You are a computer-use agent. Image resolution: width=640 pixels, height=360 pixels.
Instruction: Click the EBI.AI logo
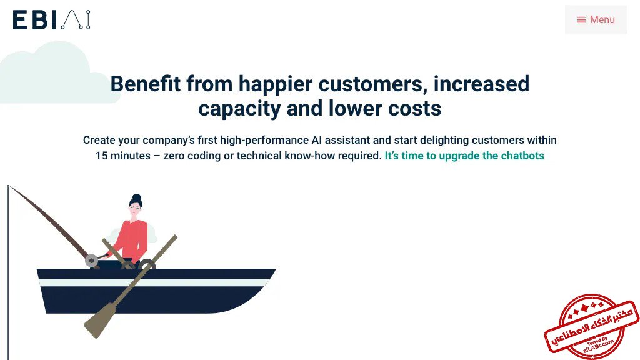(51, 20)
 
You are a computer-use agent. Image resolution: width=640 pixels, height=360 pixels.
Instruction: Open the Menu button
(596, 19)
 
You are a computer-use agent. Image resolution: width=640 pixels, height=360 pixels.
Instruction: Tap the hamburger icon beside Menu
(581, 19)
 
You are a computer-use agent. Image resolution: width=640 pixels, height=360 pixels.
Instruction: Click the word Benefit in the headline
(145, 84)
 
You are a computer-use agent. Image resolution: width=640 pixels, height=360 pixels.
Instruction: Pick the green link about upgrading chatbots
(464, 156)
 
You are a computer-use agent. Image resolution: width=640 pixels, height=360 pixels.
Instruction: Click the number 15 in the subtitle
(102, 156)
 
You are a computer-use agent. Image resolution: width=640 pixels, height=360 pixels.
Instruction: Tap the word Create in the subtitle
(99, 140)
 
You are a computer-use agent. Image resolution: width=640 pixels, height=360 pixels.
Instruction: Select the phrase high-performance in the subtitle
(264, 141)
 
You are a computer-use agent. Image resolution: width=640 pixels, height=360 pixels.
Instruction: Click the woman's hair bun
(137, 198)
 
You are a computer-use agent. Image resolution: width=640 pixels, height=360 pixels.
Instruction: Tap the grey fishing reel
(91, 261)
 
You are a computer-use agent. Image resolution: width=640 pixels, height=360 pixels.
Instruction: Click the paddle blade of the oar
(99, 321)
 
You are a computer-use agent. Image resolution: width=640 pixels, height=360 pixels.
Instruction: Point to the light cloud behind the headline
(53, 74)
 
